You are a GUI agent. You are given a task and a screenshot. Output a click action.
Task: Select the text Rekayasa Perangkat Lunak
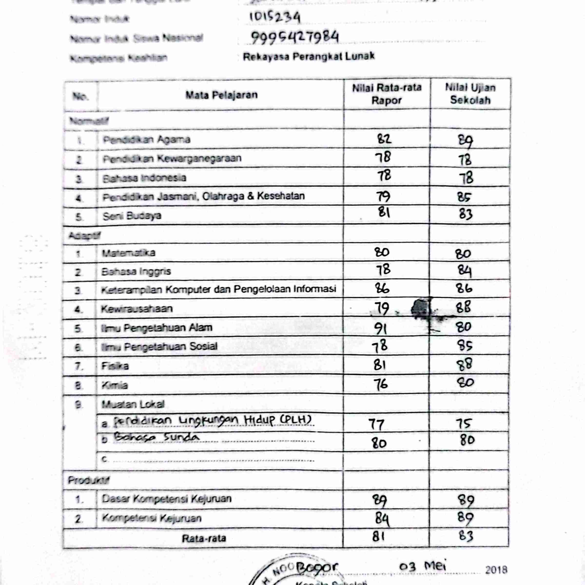pyautogui.click(x=309, y=57)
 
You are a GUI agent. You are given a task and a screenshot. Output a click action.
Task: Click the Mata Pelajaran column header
pyautogui.click(x=221, y=95)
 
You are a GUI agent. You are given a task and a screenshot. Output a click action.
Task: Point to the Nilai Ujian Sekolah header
pyautogui.click(x=470, y=94)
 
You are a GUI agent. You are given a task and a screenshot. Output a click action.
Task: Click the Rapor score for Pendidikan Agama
pyautogui.click(x=384, y=139)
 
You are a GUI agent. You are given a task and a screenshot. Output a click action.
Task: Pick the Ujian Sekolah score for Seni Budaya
pyautogui.click(x=465, y=214)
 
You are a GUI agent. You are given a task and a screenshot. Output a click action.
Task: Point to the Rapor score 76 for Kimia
pyautogui.click(x=380, y=384)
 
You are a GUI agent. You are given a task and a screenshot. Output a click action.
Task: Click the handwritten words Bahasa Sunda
pyautogui.click(x=156, y=438)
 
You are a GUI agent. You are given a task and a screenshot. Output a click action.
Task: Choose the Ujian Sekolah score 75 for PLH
pyautogui.click(x=463, y=424)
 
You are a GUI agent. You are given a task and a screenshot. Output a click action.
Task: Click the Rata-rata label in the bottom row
pyautogui.click(x=204, y=538)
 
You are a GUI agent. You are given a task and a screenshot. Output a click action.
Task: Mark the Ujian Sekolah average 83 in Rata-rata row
pyautogui.click(x=465, y=536)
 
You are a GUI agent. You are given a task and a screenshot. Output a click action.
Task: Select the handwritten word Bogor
pyautogui.click(x=317, y=568)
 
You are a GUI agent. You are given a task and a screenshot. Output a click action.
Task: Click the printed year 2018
pyautogui.click(x=496, y=570)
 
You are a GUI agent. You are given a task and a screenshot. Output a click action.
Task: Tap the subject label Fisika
pyautogui.click(x=115, y=366)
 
